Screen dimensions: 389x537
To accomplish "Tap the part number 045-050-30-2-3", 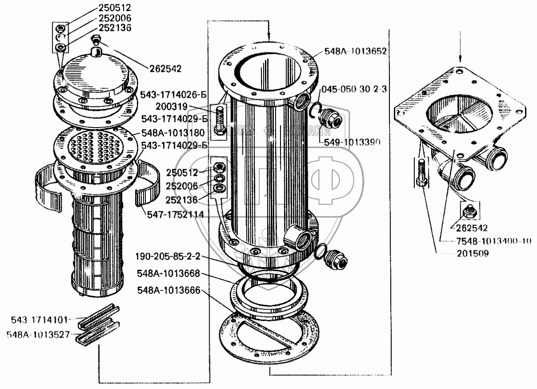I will (x=354, y=89).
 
